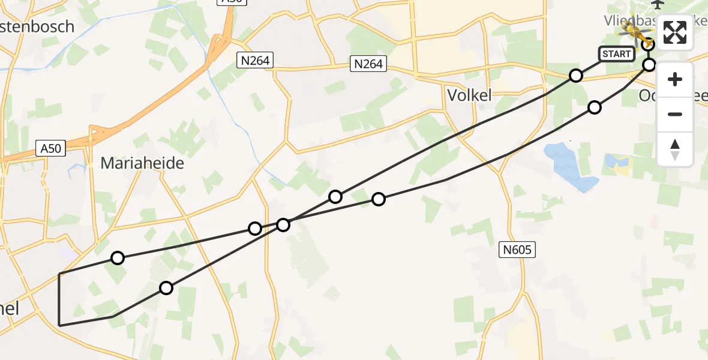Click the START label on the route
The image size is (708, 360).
pos(616,54)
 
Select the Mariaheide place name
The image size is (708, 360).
pos(142,163)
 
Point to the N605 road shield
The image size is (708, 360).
pos(517,250)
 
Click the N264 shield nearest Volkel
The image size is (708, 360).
pos(368,64)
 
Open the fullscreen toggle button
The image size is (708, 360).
pos(675,32)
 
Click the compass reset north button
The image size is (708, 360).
pos(675,149)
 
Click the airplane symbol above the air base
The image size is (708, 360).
pos(658,4)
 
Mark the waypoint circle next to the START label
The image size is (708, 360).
pos(576,76)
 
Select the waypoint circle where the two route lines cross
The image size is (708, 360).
pos(283,225)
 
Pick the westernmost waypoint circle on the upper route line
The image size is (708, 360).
pos(118,258)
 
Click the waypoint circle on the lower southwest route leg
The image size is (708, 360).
pos(166,288)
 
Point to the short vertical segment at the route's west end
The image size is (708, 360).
pos(59,299)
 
